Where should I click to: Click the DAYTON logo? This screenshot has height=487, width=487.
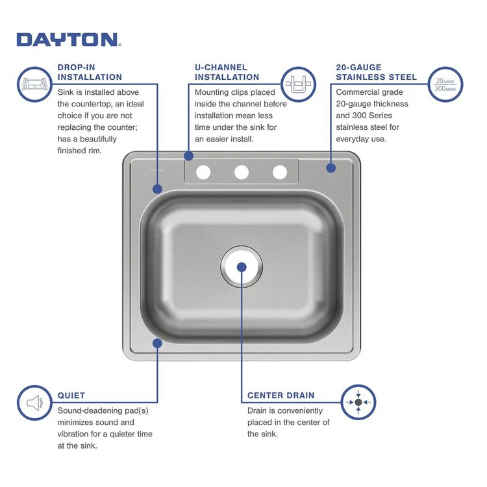click(68, 40)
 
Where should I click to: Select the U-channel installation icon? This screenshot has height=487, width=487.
click(299, 84)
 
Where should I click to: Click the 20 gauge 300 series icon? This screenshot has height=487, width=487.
click(445, 84)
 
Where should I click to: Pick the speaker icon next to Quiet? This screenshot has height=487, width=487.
click(34, 403)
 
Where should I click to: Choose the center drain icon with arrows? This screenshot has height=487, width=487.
click(358, 403)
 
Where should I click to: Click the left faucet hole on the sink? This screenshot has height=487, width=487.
click(203, 172)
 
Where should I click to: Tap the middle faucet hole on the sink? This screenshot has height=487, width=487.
click(242, 172)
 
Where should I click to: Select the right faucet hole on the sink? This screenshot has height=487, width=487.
click(280, 172)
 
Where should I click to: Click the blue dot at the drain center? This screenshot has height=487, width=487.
click(241, 267)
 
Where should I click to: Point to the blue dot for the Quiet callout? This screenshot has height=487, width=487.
click(156, 342)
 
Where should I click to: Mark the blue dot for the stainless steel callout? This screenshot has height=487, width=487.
click(331, 168)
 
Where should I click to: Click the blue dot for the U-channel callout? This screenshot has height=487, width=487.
click(189, 156)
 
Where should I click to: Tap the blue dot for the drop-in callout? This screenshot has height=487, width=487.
click(157, 189)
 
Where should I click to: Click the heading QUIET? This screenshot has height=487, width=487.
click(71, 395)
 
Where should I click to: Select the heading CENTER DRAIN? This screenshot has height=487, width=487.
click(281, 395)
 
